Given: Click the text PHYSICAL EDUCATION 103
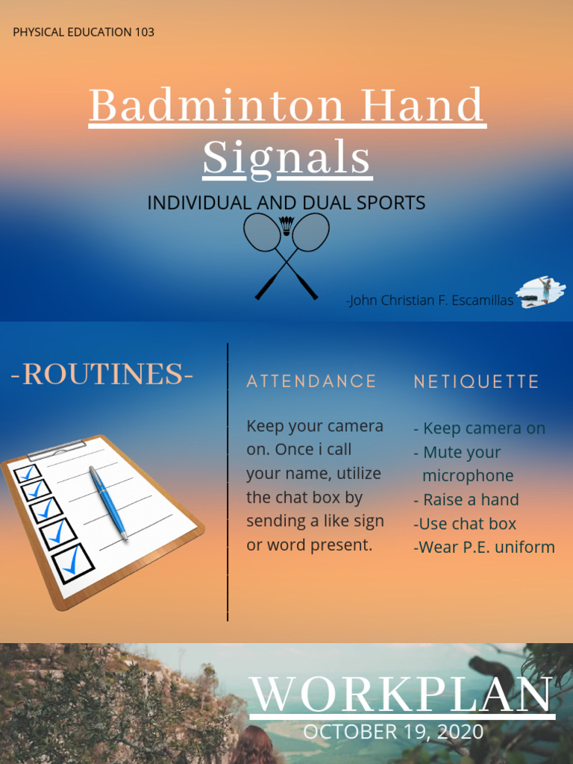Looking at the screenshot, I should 84,32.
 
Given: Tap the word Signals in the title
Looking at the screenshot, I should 286,158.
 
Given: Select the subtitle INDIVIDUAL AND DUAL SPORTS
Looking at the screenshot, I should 286,203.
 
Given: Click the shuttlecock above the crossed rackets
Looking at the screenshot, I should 286,225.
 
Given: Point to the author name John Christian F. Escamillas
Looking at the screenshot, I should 430,301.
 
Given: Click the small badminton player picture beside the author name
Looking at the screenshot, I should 541,291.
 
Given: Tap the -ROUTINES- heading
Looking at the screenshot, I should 102,375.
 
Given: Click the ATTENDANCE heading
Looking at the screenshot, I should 312,381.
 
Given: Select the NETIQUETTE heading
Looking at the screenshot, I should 476,382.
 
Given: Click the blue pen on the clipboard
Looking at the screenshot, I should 108,501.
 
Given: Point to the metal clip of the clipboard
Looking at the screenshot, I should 56,448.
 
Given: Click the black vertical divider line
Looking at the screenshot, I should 228,481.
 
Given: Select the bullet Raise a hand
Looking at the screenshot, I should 466,500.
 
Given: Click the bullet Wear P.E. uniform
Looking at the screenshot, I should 484,547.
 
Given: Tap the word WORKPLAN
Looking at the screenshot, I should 401,695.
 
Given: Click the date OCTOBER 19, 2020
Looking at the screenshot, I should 393,732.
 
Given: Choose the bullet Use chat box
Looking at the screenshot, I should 465,524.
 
